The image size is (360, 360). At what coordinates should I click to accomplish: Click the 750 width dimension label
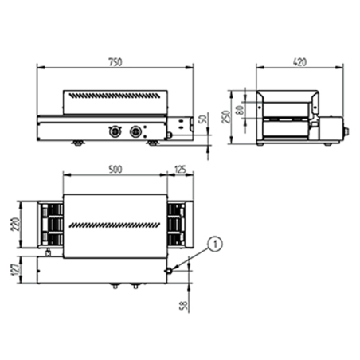[x=115, y=62]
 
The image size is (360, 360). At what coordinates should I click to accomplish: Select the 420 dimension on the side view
[x=299, y=62]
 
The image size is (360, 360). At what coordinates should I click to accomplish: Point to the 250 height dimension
[x=226, y=117]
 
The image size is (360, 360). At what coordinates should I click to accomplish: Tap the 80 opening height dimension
[x=240, y=110]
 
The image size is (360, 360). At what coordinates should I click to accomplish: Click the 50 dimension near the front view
[x=202, y=119]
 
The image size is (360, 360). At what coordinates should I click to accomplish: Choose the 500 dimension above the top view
[x=115, y=169]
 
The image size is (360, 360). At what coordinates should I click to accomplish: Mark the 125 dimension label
[x=181, y=169]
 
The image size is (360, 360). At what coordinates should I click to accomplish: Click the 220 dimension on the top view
[x=15, y=225]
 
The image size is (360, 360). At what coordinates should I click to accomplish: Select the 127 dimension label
[x=15, y=269]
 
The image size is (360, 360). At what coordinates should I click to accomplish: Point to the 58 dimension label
[x=184, y=305]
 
